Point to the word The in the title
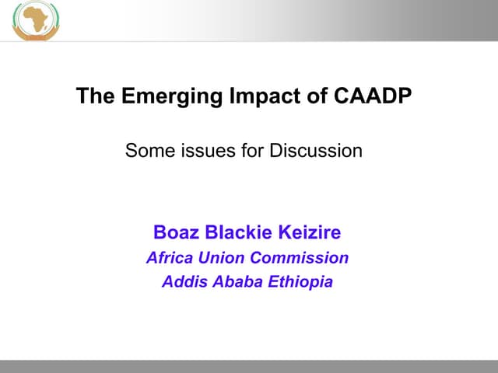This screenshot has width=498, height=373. [x=91, y=96]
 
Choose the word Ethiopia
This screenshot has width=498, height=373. [x=300, y=282]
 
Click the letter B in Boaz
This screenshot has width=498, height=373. [x=160, y=232]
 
